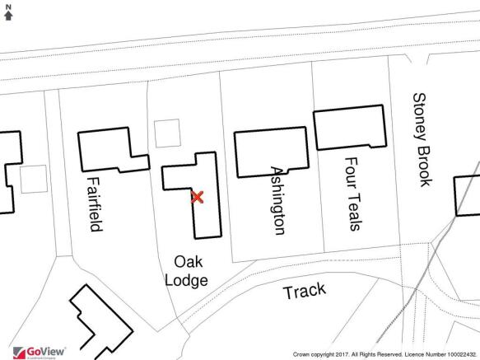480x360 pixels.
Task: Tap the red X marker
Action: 197,197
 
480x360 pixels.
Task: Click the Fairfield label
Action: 95,204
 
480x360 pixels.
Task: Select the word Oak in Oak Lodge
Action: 189,262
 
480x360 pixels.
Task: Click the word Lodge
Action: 186,281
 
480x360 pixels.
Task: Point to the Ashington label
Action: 278,201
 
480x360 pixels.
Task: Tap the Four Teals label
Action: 353,194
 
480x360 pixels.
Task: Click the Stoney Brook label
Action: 422,140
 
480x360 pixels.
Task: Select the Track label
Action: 305,291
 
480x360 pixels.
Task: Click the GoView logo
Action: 40,353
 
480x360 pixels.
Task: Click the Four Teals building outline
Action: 350,127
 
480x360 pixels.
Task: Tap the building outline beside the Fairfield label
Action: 114,149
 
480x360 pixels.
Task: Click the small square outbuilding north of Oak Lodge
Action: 167,133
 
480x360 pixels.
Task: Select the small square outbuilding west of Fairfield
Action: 34,180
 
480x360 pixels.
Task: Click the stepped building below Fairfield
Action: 101,322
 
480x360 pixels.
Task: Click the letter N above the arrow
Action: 8,7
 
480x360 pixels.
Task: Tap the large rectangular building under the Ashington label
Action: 272,152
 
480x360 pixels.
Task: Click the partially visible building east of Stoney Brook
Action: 467,196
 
